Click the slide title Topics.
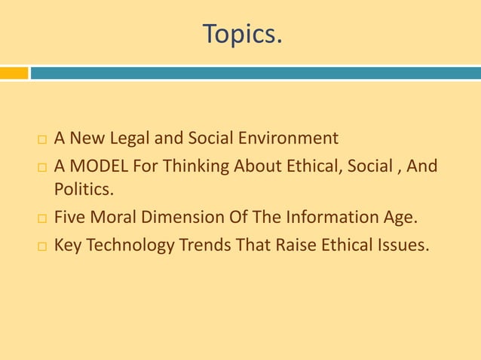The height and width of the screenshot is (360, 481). tap(241, 33)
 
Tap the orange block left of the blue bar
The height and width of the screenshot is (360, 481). tap(14, 73)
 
